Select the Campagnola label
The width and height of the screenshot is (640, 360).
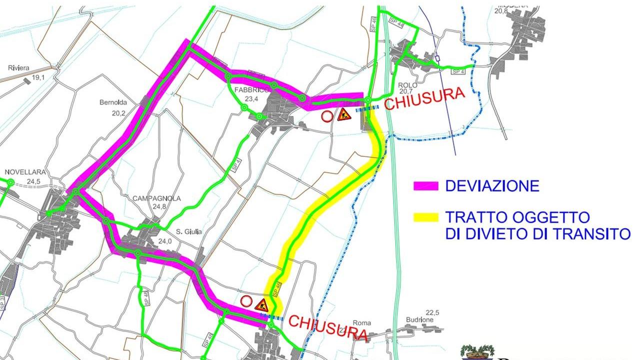coord(156,198)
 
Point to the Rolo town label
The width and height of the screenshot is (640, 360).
coord(408,85)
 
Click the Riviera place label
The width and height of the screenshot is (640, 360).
coord(18,68)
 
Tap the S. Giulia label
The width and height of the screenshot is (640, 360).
coord(189,231)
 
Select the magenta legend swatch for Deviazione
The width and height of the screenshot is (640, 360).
coord(426,186)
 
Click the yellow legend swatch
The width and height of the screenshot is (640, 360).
coord(426,217)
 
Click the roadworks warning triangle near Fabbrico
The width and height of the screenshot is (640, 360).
coord(344,115)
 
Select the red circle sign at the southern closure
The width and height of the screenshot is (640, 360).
coord(246,301)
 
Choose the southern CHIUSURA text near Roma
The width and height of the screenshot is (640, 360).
coord(328,327)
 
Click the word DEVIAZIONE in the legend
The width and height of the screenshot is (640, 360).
coord(492,186)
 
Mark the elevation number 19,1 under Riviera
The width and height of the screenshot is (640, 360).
coord(38,77)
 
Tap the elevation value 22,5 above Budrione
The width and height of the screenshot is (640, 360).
coord(432,313)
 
